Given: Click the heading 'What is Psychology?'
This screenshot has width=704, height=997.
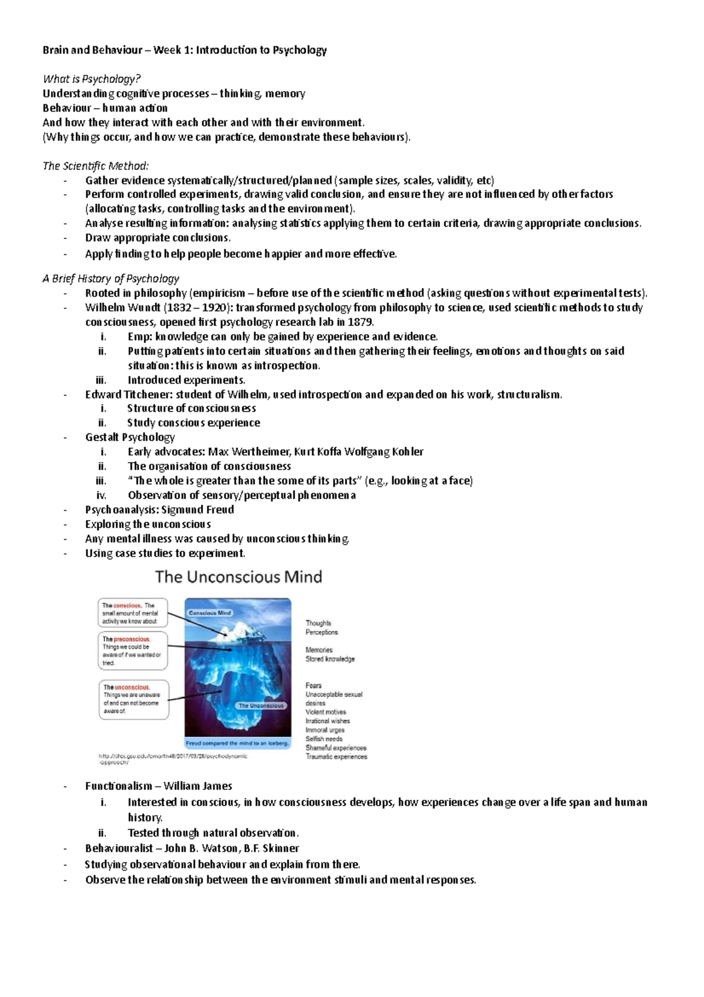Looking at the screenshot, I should [x=92, y=79].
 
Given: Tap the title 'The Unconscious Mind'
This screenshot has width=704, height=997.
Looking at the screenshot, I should [x=238, y=577].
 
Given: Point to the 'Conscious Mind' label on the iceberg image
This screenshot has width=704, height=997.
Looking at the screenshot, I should [x=209, y=613].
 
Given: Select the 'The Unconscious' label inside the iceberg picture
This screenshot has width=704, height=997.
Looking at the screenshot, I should [x=260, y=706].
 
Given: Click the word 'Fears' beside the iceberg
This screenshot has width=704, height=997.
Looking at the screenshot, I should [x=313, y=685].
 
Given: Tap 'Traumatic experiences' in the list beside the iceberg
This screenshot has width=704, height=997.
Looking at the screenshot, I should [x=336, y=757].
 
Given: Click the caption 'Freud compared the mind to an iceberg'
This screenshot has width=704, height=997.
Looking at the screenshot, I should [x=238, y=743].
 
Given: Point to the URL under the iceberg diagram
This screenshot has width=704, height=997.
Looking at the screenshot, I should [x=173, y=759].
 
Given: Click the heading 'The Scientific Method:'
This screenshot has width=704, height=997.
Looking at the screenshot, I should [x=96, y=166].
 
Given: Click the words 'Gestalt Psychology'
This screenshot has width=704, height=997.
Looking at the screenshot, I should [x=130, y=437].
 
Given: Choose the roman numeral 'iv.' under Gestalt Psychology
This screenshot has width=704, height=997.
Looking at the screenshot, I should [x=101, y=495].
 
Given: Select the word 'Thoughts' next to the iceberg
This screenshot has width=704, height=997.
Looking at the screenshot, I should [x=318, y=623].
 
